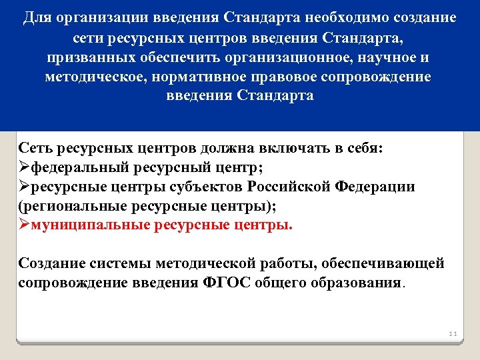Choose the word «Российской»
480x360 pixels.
(x=290, y=187)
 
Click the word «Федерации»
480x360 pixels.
(x=375, y=187)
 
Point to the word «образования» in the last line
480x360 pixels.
(x=357, y=282)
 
